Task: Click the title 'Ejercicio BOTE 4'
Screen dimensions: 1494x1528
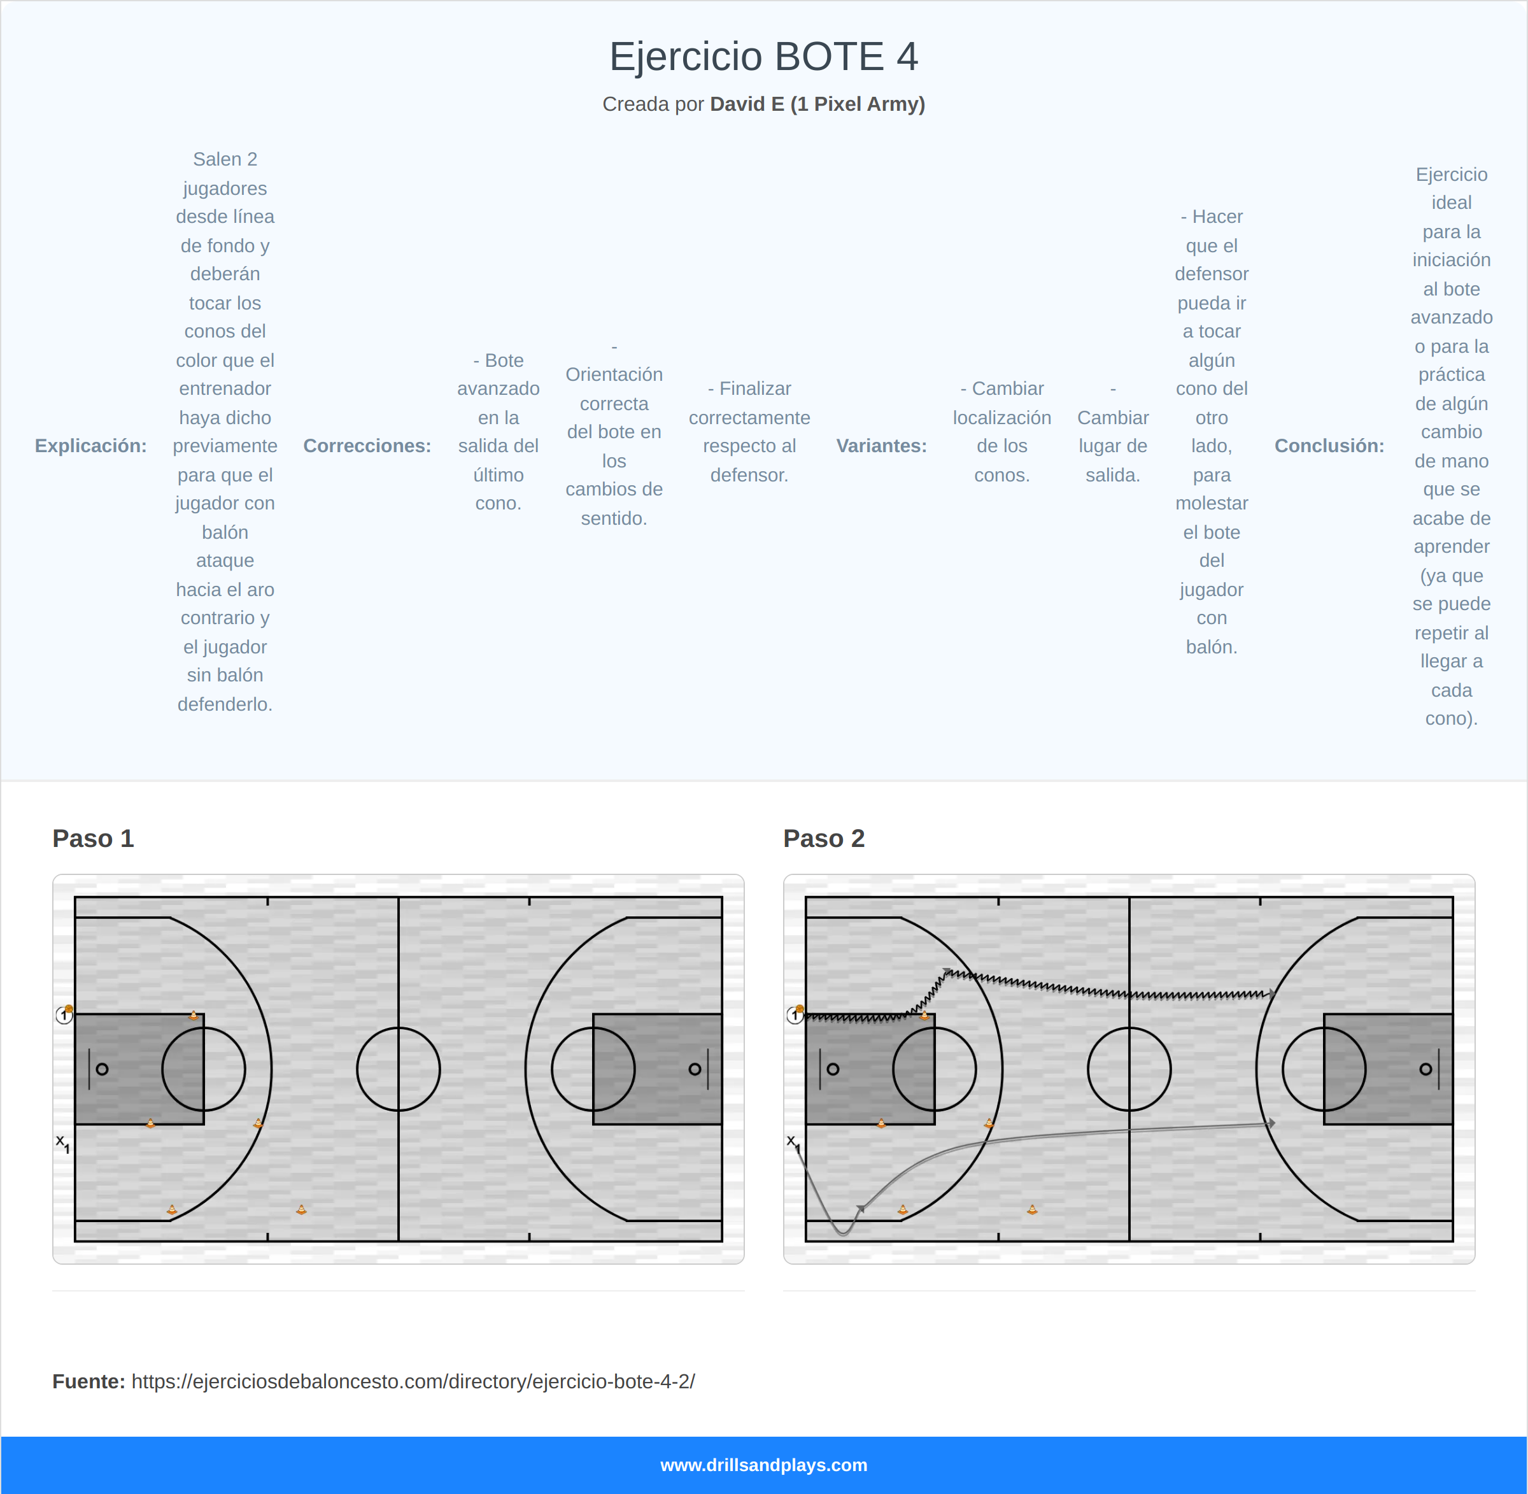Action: click(x=763, y=57)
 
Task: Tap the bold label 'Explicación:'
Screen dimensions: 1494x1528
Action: click(x=91, y=446)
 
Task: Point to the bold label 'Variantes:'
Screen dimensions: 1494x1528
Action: click(x=881, y=446)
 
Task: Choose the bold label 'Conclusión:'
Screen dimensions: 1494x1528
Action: click(x=1329, y=446)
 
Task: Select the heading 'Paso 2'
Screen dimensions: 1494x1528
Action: click(x=824, y=838)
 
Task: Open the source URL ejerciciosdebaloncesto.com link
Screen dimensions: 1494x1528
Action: click(x=413, y=1381)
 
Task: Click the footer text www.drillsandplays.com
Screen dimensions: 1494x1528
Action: click(x=763, y=1465)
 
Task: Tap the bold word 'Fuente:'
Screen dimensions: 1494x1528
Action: click(x=88, y=1381)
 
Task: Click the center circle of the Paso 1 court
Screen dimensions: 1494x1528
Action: click(x=399, y=1069)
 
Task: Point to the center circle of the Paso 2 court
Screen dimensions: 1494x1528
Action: click(x=1129, y=1069)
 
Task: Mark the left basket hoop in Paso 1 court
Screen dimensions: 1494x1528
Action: click(x=102, y=1069)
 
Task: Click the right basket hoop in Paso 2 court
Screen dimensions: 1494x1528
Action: click(x=1425, y=1069)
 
